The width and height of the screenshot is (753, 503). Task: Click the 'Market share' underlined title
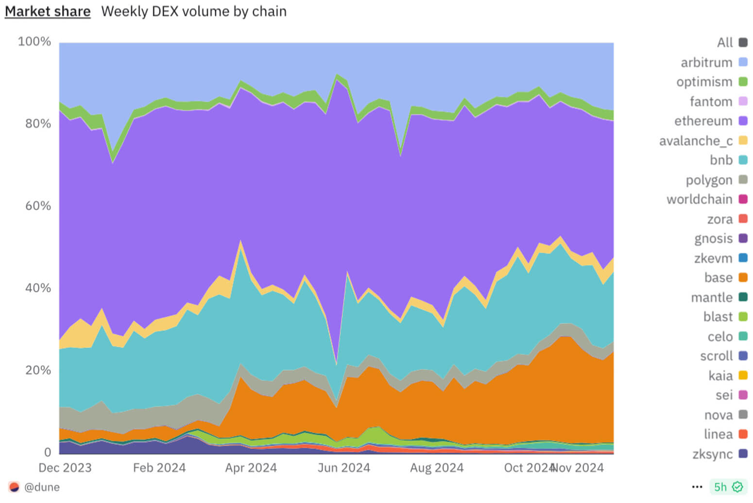point(48,11)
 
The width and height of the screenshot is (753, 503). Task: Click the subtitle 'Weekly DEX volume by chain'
point(193,11)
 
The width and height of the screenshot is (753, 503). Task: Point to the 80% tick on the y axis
point(38,124)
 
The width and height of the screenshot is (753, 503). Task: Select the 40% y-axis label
point(38,288)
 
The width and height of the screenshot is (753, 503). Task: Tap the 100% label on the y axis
point(34,42)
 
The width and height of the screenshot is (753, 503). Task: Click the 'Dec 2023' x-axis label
point(65,468)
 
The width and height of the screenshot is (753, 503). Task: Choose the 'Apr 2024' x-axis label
point(251,468)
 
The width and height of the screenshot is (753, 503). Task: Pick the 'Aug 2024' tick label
point(437,468)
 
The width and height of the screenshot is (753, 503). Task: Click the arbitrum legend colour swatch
point(743,62)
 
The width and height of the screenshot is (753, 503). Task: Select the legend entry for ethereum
point(703,121)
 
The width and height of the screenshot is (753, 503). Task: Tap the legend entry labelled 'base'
point(719,277)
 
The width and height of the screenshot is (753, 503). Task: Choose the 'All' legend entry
point(725,43)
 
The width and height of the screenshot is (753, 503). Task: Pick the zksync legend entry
point(713,454)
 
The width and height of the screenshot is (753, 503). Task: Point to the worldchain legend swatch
point(743,199)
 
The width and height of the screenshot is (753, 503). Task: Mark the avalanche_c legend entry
point(696,141)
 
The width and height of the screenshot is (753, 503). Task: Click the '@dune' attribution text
point(42,487)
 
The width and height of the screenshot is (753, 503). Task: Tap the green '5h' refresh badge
point(727,487)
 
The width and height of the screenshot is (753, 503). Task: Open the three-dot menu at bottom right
point(697,487)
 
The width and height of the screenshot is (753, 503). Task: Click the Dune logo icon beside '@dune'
point(14,487)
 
